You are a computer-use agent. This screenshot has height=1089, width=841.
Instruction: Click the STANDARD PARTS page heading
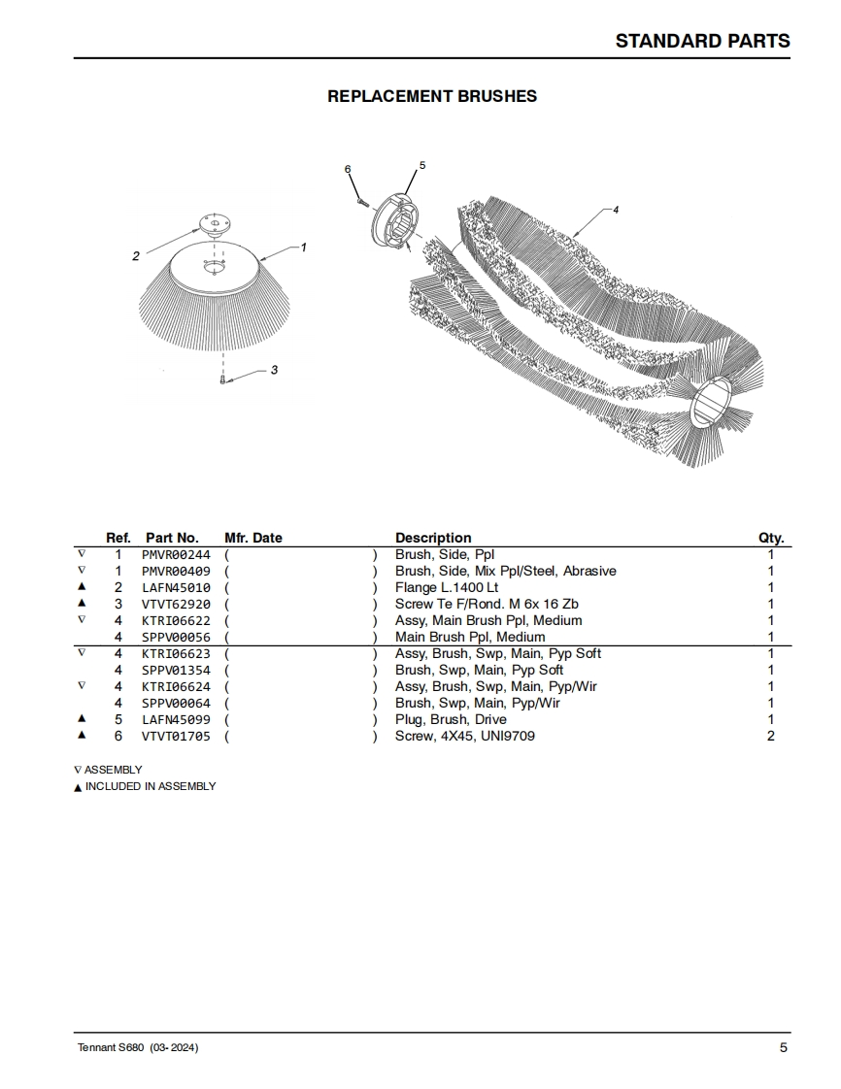[x=702, y=41]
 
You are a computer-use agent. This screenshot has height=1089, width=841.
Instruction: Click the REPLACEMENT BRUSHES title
[x=432, y=96]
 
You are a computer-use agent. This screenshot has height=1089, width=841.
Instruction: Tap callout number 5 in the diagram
[x=422, y=166]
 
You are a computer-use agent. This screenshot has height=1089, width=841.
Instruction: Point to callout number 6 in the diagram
[x=348, y=170]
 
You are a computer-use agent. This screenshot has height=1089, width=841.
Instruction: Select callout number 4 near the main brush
[x=616, y=210]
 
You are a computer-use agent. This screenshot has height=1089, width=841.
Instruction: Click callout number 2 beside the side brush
[x=136, y=256]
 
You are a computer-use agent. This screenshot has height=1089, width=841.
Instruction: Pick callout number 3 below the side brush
[x=274, y=370]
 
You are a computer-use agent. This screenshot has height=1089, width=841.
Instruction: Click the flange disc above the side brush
[x=212, y=224]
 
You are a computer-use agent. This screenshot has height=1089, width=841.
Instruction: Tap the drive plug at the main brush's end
[x=394, y=222]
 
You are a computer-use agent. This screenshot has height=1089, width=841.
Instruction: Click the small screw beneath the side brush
[x=224, y=380]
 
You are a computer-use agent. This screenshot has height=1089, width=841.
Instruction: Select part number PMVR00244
[x=176, y=554]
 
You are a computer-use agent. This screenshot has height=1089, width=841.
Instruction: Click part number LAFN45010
[x=176, y=587]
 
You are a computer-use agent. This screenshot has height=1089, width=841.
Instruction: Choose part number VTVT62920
[x=176, y=604]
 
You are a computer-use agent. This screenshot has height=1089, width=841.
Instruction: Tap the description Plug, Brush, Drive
[x=451, y=719]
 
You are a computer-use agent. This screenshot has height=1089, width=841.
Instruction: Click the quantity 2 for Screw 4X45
[x=771, y=736]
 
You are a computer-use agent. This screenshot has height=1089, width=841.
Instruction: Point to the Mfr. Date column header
[x=253, y=538]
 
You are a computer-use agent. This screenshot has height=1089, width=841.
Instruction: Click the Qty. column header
[x=771, y=538]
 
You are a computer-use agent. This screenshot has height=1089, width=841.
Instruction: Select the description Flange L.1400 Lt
[x=447, y=587]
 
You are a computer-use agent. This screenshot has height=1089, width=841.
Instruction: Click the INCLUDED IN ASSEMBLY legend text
[x=151, y=786]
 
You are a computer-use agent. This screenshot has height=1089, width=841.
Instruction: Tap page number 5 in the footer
[x=783, y=1047]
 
